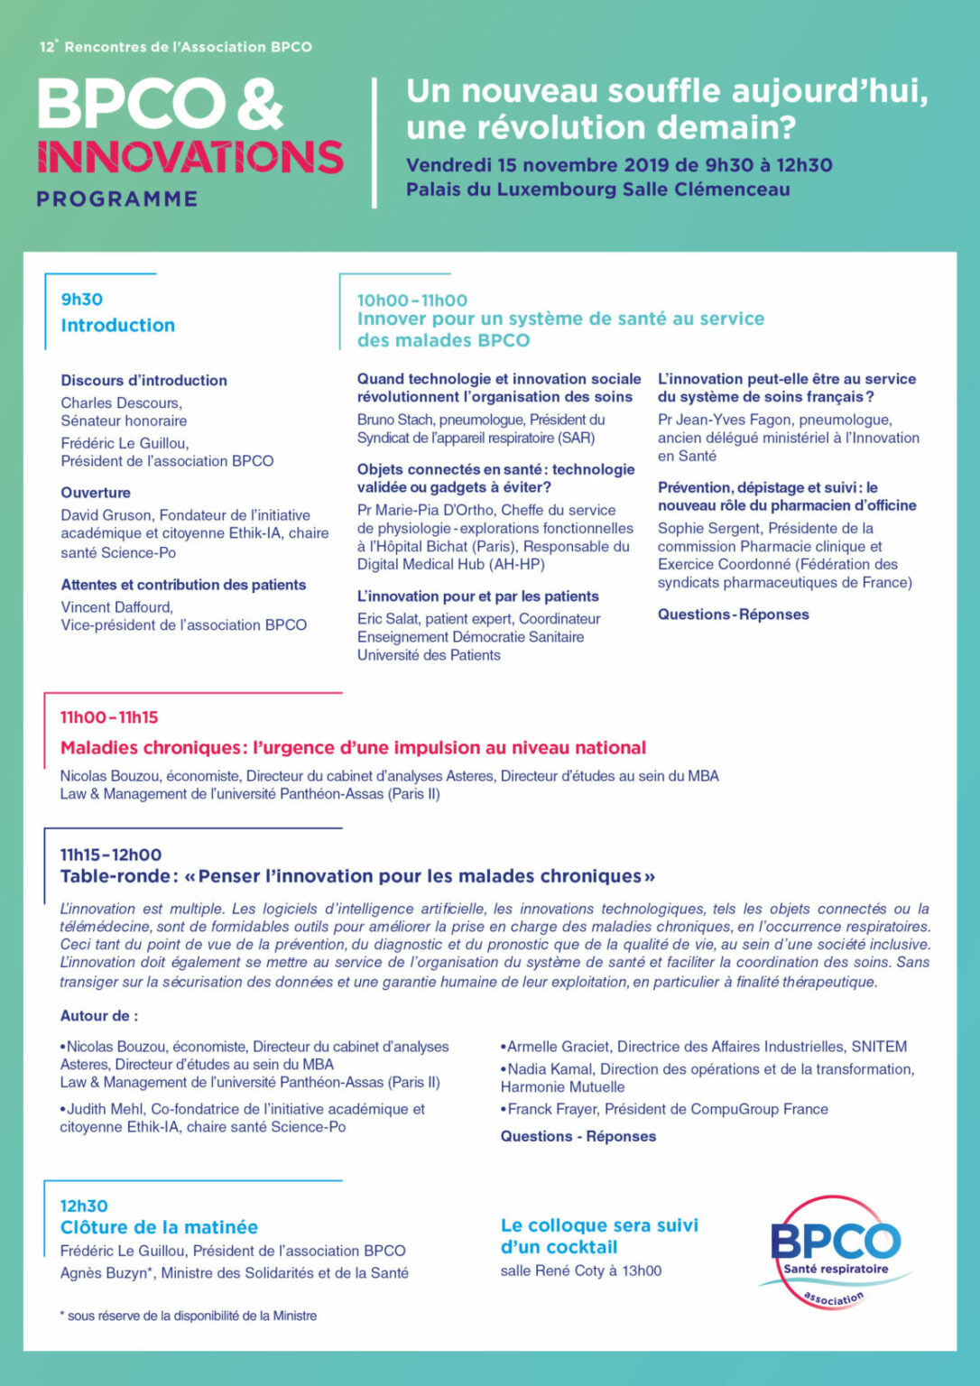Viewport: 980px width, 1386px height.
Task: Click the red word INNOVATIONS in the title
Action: (x=190, y=157)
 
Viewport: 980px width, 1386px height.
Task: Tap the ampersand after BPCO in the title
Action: (x=261, y=104)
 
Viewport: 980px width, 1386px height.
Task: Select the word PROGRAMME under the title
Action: (x=117, y=199)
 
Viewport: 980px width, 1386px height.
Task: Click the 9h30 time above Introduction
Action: (x=82, y=300)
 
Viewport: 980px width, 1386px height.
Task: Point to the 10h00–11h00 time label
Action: (x=412, y=300)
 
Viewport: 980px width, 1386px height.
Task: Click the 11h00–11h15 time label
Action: (x=109, y=717)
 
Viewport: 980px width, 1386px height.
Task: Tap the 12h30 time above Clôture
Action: (x=84, y=1206)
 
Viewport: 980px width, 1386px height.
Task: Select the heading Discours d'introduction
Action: (x=144, y=381)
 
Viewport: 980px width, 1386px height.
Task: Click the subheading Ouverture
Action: (x=96, y=493)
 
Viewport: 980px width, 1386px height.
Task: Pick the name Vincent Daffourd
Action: (x=116, y=607)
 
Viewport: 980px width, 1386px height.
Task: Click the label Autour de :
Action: (x=99, y=1016)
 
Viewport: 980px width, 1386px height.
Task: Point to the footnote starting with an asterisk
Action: (x=189, y=1316)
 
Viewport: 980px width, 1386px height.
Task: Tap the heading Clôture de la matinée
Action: (x=159, y=1227)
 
